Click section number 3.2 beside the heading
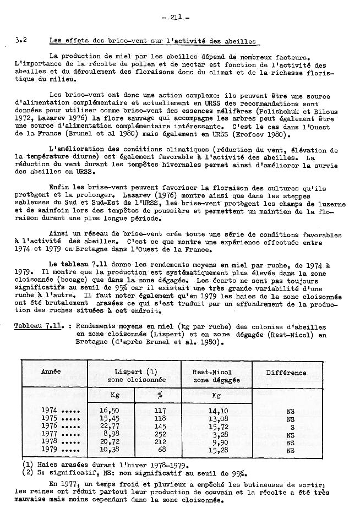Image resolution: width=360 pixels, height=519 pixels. tap(21, 40)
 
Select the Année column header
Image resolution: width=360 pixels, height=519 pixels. tap(51, 372)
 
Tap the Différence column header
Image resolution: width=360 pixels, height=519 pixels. tap(286, 373)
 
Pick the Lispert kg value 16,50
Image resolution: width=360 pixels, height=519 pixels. tap(110, 411)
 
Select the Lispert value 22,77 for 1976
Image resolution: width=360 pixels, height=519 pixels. tap(110, 426)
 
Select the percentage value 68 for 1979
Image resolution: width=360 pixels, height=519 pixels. tap(160, 449)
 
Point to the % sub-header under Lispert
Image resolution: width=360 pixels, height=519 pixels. tap(160, 395)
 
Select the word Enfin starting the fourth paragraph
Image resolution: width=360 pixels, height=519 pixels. tap(58, 187)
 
